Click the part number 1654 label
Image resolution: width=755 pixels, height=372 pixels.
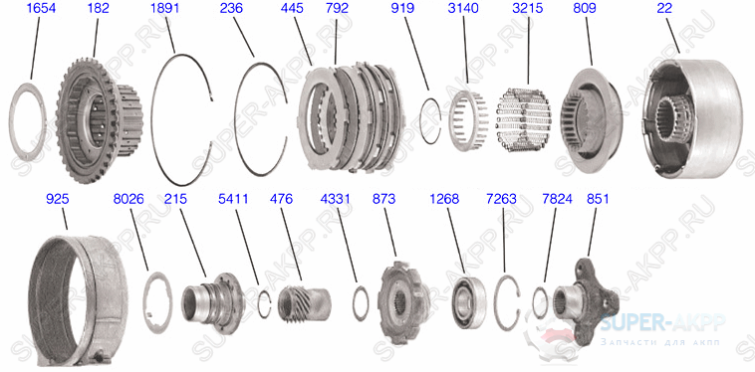coord(41,9)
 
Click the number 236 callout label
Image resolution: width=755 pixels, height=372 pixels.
coord(231,9)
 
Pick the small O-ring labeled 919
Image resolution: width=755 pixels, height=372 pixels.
coord(422,120)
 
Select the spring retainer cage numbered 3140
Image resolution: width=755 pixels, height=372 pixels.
coord(468,120)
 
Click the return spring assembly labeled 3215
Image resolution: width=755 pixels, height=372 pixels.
coord(523,120)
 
